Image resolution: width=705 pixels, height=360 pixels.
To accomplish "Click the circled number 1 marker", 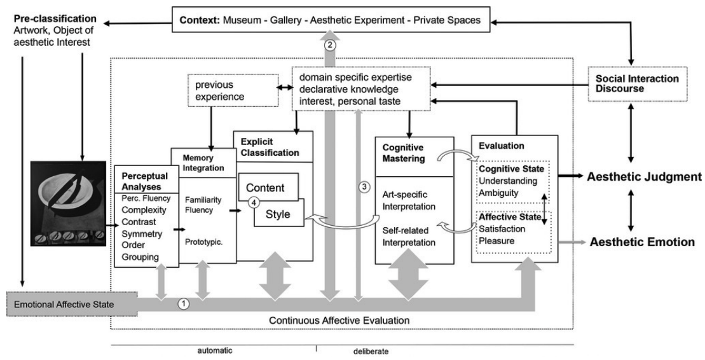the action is [184, 304].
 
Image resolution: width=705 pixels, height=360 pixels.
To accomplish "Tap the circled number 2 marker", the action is [330, 45].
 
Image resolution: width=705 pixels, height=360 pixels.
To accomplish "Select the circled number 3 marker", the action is [364, 186].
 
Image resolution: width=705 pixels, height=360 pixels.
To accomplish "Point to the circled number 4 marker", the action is [254, 203].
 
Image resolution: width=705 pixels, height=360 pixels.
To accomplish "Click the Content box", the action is [268, 187].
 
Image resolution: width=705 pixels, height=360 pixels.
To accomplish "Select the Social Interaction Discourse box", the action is [638, 84].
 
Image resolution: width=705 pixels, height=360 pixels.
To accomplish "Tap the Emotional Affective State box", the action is [72, 304].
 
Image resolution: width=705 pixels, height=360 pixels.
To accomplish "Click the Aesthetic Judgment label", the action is [644, 177].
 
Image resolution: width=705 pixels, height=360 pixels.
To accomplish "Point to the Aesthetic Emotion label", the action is [642, 242].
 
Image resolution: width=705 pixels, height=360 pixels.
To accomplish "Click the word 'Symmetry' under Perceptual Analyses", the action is [142, 234].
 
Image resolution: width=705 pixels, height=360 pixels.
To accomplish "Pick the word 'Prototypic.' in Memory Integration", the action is [203, 242].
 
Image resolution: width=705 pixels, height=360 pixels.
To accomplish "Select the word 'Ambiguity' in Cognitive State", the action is [498, 193].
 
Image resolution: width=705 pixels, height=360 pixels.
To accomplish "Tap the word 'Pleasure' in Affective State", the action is [496, 241].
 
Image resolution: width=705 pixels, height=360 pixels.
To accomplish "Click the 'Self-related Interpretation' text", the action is [409, 237].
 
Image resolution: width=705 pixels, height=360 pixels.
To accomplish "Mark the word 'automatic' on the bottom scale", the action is [215, 350].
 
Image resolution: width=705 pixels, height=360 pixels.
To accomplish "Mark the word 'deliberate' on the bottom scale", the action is [371, 352].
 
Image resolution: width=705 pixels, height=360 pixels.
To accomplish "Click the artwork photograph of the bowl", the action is [69, 204].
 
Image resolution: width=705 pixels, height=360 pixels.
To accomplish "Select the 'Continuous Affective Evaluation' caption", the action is [339, 321].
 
